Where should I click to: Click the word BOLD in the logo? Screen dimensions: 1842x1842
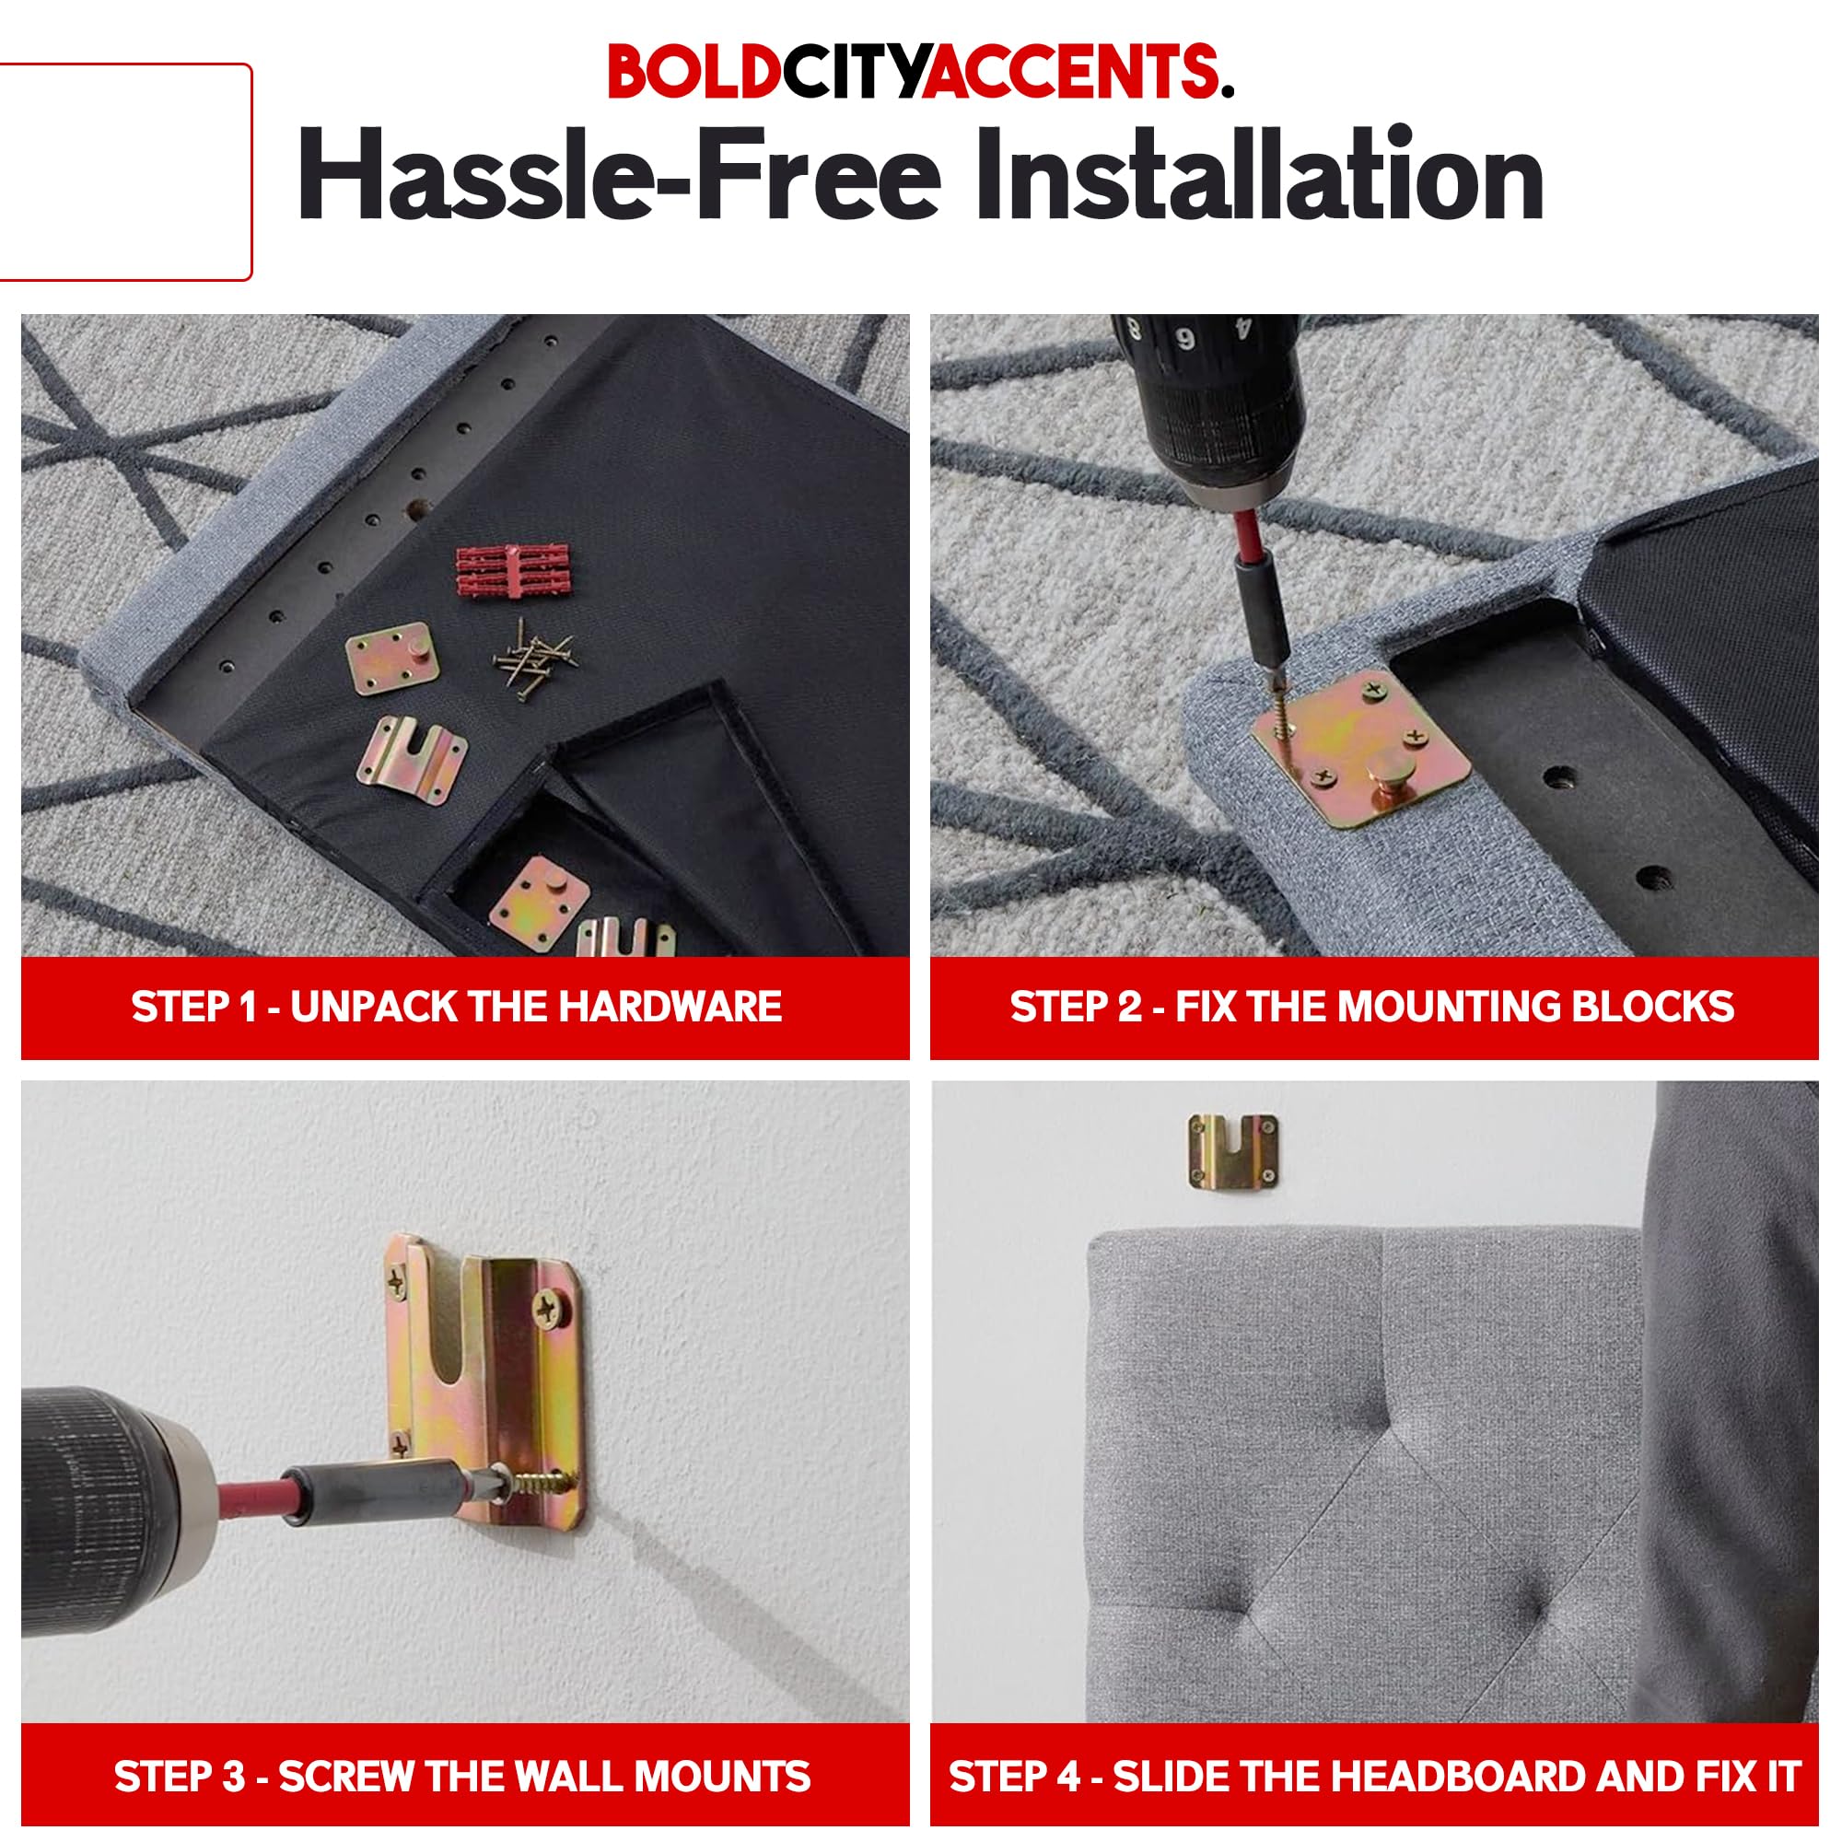point(694,73)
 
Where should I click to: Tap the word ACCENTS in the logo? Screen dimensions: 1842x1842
point(1074,73)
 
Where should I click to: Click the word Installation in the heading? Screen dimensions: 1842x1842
point(1258,177)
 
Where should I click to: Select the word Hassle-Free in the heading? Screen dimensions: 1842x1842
point(620,177)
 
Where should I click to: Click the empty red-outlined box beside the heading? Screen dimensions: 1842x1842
point(124,171)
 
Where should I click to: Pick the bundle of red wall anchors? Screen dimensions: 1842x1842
point(513,570)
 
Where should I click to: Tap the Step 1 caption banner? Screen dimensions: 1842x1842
point(464,1008)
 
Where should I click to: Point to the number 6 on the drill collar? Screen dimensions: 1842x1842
point(1185,340)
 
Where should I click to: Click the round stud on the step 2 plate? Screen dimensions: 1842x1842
point(1388,764)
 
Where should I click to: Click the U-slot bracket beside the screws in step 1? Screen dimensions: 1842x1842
point(412,761)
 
